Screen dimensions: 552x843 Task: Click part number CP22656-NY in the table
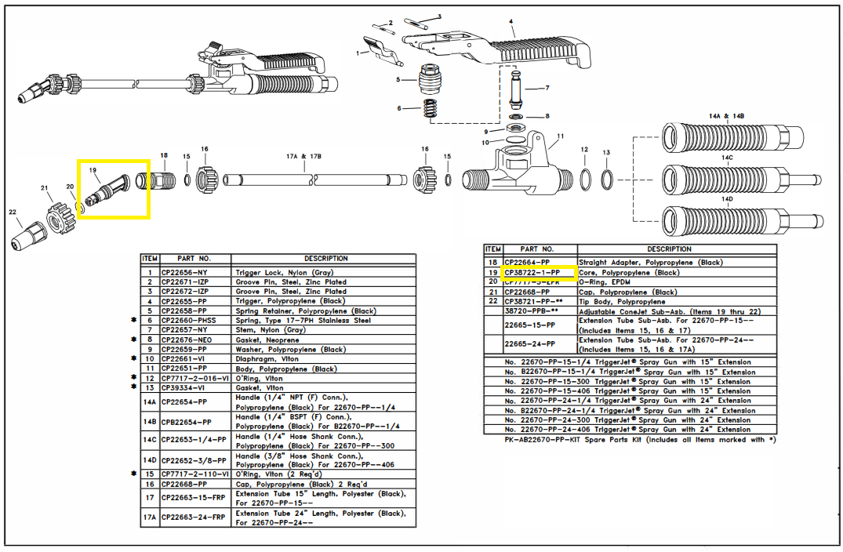pos(185,272)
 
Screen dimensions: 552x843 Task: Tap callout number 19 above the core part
pos(93,170)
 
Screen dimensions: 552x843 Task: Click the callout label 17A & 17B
pos(303,156)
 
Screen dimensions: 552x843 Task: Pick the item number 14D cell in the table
pos(150,460)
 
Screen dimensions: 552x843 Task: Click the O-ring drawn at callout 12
pos(584,180)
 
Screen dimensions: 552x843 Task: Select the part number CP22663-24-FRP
pos(193,517)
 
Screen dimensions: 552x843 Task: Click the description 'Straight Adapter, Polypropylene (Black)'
pos(651,262)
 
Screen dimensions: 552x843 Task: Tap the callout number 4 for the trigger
pos(511,21)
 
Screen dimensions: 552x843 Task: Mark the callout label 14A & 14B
pos(726,116)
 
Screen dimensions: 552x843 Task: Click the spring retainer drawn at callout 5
pos(428,79)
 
